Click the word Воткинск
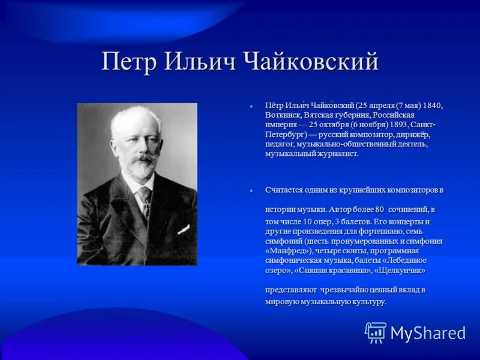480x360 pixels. [x=284, y=115]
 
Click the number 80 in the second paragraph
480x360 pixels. [x=379, y=209]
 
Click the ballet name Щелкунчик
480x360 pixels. [x=400, y=270]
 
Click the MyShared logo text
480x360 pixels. [x=428, y=333]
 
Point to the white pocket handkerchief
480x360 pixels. [x=183, y=229]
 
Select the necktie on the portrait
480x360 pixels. [x=145, y=198]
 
